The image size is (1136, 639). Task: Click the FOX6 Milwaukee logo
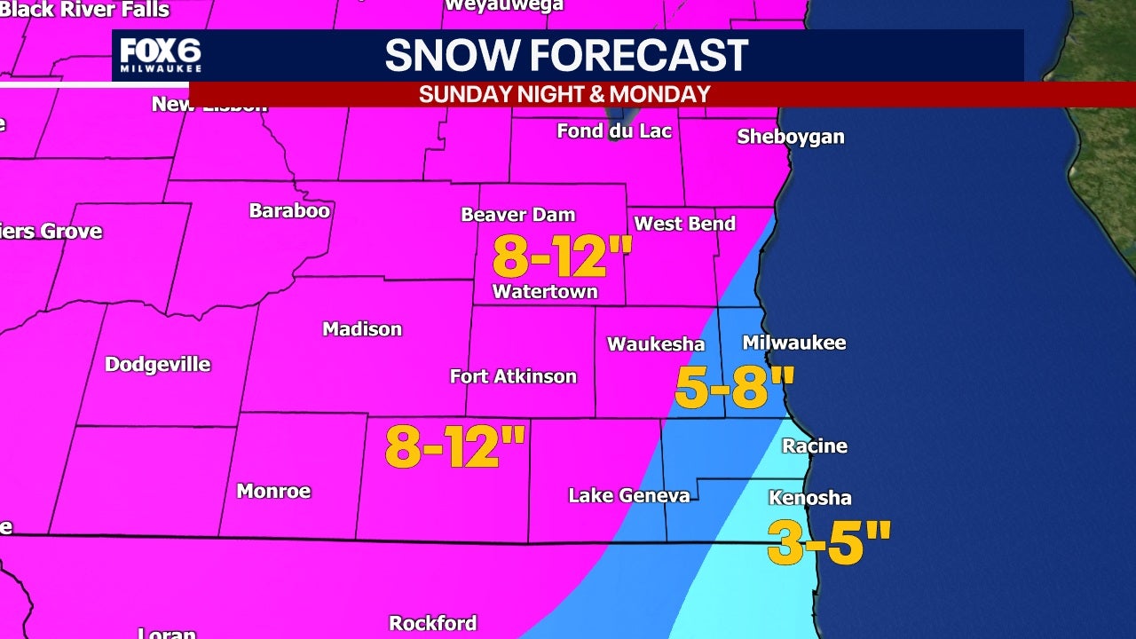[x=161, y=55]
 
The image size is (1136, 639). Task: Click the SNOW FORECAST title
[x=566, y=55]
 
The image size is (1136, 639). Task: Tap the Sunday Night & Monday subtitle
[x=564, y=94]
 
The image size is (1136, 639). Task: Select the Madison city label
[x=362, y=329]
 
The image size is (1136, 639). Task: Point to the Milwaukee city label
[x=793, y=343]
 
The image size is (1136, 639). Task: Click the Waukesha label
[x=656, y=344]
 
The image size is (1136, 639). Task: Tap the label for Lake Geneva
[x=629, y=495]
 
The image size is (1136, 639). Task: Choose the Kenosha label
[x=810, y=498]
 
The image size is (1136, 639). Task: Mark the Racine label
[x=814, y=446]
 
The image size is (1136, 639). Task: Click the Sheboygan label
[x=791, y=137]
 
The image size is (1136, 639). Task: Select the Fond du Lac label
[x=614, y=131]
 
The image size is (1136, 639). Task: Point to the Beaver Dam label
[x=518, y=215]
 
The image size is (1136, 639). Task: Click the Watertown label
[x=545, y=292]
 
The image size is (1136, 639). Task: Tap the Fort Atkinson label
[x=513, y=376]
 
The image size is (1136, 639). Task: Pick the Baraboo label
[x=289, y=211]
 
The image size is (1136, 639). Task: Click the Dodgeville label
[x=158, y=365]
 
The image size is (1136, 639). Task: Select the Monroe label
[x=273, y=492]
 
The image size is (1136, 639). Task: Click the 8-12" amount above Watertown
[x=562, y=257]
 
